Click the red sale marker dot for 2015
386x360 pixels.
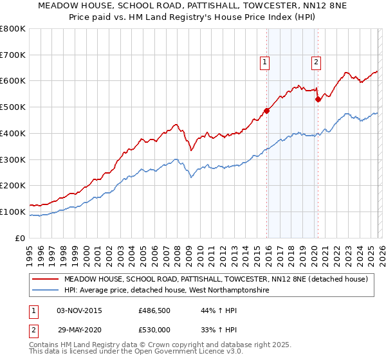click(267, 110)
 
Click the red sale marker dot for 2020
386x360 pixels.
click(318, 99)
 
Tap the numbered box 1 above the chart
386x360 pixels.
click(265, 62)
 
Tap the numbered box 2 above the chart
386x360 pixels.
click(317, 62)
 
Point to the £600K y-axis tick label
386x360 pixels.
click(13, 81)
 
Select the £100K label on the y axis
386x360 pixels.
click(13, 212)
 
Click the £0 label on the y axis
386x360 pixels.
click(19, 238)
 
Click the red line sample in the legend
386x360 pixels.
click(46, 279)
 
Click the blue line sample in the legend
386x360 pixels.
click(46, 291)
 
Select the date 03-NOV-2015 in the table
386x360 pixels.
click(79, 310)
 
